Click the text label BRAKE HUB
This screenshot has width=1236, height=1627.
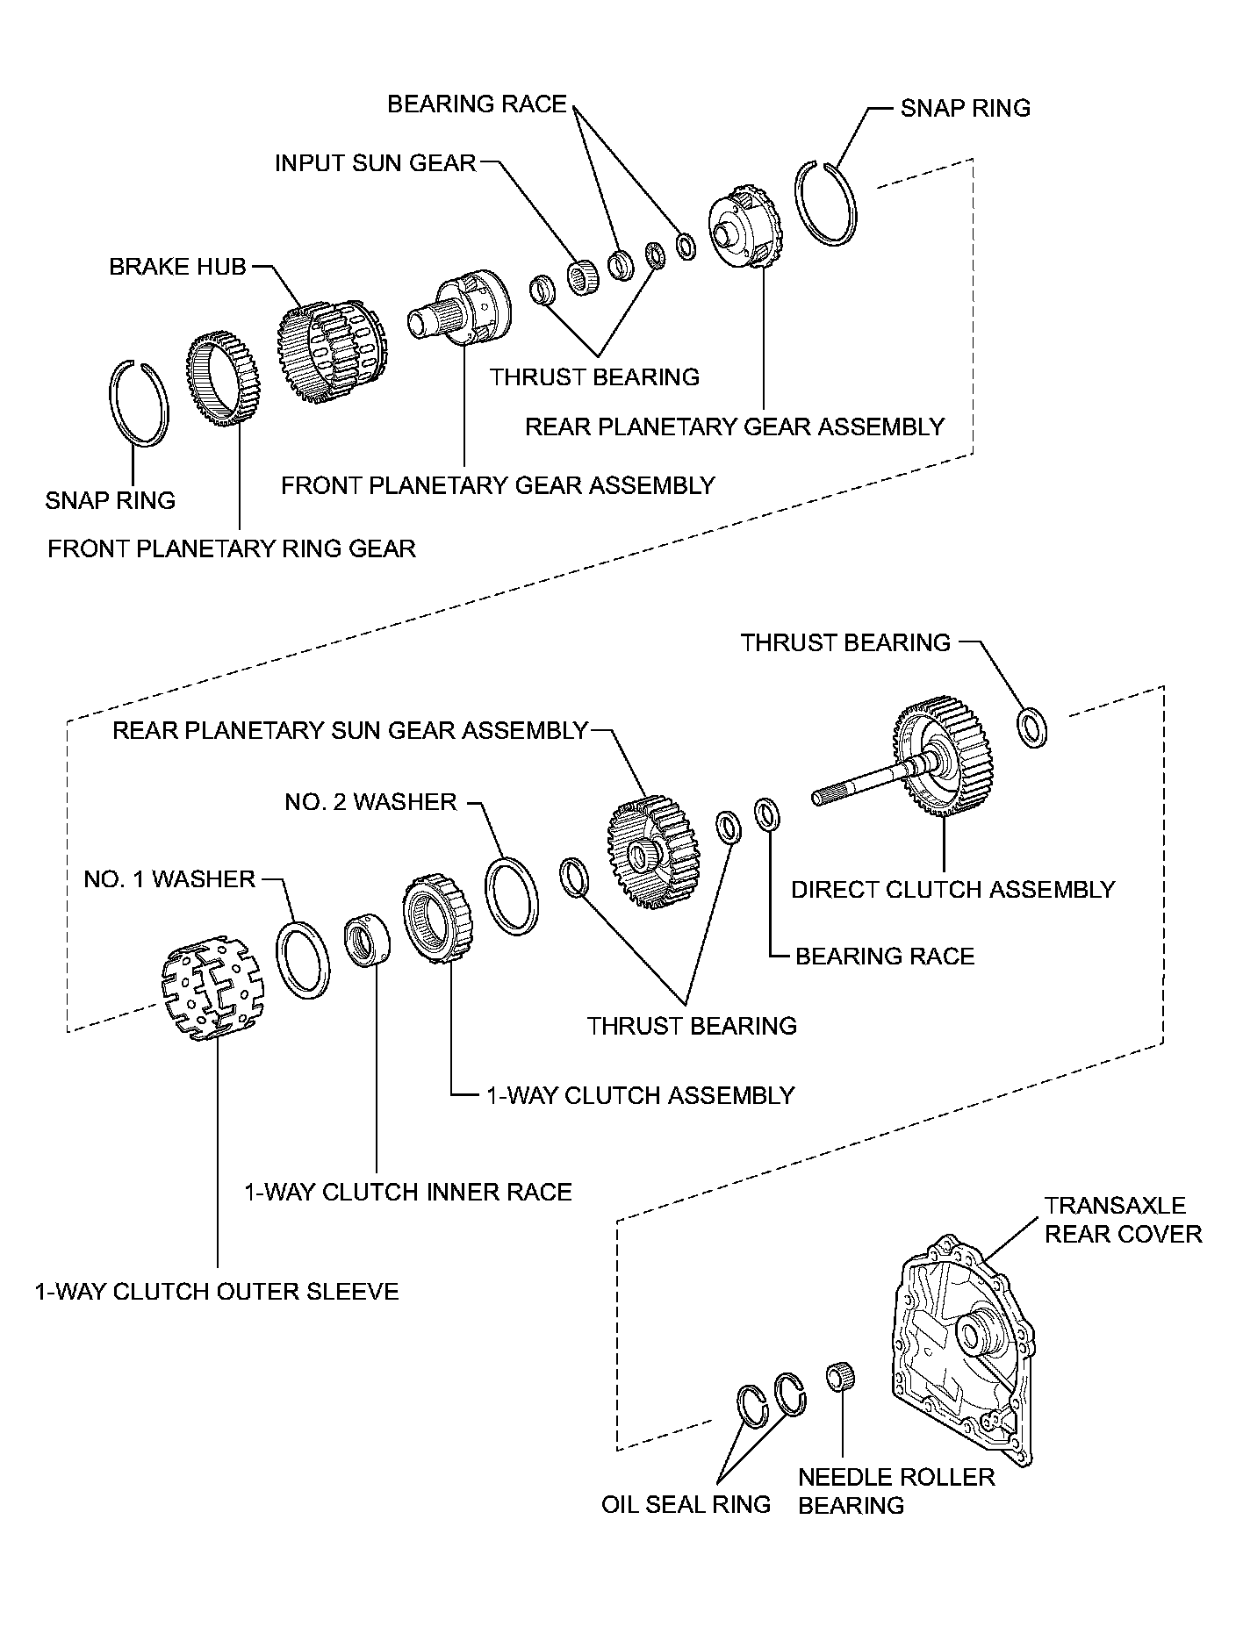(178, 267)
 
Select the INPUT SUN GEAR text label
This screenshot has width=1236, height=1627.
(375, 163)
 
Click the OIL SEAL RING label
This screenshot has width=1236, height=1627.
(686, 1504)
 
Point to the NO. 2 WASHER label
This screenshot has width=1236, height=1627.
(370, 802)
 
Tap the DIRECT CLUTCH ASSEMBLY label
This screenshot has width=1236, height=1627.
(952, 890)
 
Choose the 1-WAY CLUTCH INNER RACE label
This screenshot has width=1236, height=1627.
(408, 1192)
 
